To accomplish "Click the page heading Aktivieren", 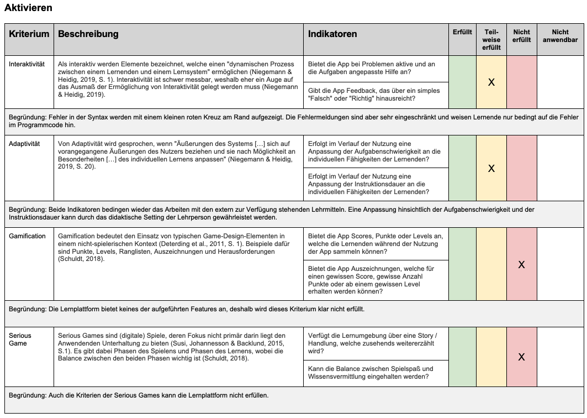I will click(x=29, y=8).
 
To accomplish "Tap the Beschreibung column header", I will click(x=88, y=34).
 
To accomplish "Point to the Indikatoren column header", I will click(x=332, y=34).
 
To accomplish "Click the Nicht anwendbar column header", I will click(x=560, y=36).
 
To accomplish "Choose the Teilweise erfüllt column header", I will click(x=491, y=40).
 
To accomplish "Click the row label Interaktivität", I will click(x=27, y=64).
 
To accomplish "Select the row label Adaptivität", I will click(x=24, y=144).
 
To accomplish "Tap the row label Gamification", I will click(x=27, y=236).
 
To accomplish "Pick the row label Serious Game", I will click(x=20, y=339).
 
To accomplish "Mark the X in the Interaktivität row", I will click(x=491, y=82).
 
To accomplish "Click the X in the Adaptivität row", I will click(x=491, y=169).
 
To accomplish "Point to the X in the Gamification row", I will click(x=521, y=265).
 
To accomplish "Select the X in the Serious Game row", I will click(x=521, y=357).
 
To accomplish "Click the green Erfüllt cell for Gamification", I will click(x=462, y=264).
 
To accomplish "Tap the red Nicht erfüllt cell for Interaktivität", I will click(x=521, y=82).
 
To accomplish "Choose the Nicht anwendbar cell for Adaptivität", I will click(x=560, y=168).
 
